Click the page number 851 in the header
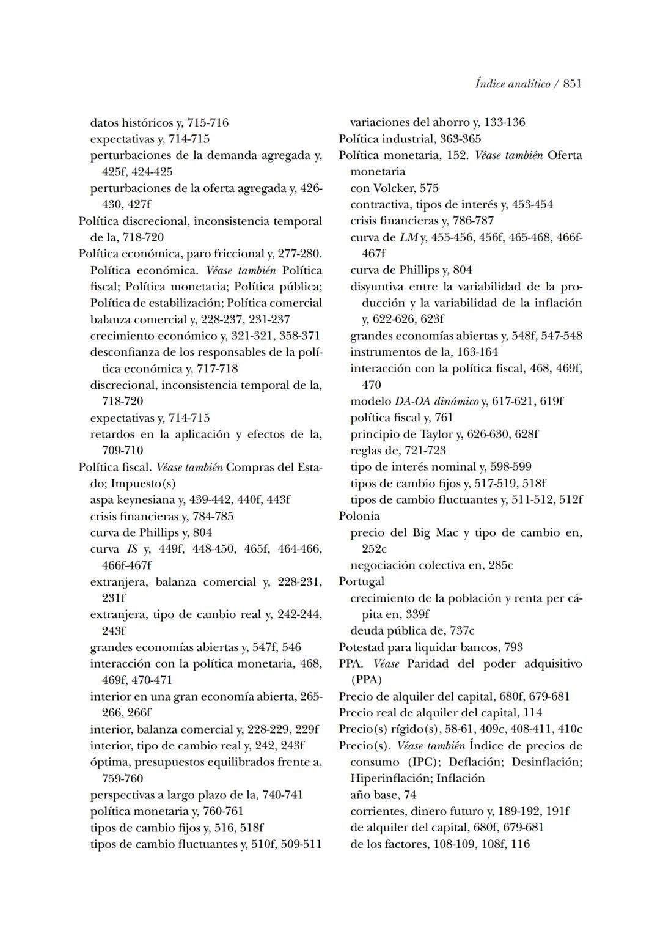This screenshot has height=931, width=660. (x=572, y=84)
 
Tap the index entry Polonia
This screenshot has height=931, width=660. (x=359, y=516)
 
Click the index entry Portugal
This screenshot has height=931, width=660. (x=362, y=581)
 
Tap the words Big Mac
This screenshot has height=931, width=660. (x=435, y=532)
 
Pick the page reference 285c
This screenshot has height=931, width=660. (x=501, y=565)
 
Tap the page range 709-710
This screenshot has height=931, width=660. (x=123, y=451)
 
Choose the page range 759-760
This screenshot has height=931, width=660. (x=123, y=778)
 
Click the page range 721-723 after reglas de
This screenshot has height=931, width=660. (x=425, y=451)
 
